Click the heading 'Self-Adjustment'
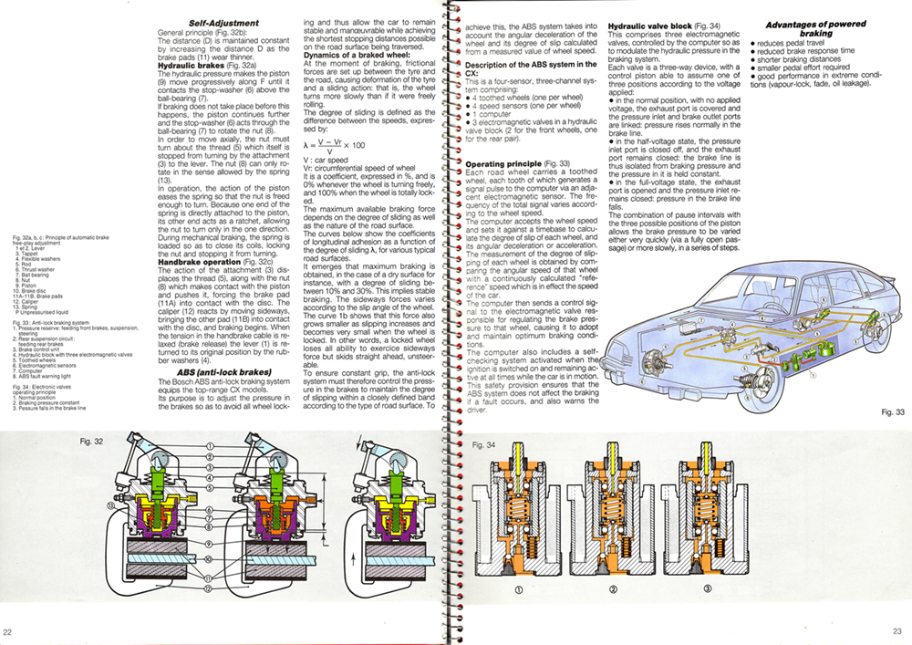pyautogui.click(x=223, y=23)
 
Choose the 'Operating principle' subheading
pyautogui.click(x=505, y=164)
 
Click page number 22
pyautogui.click(x=8, y=632)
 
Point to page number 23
pyautogui.click(x=896, y=632)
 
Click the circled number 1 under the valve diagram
pyautogui.click(x=518, y=589)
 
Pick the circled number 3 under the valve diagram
pyautogui.click(x=707, y=589)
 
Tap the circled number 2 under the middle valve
pyautogui.click(x=613, y=589)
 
